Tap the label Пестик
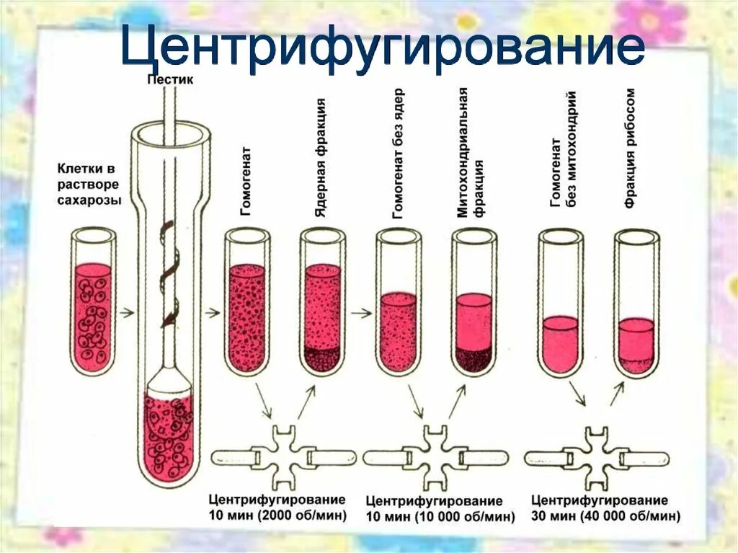(x=170, y=80)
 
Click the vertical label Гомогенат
(x=246, y=181)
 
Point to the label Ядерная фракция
(x=321, y=155)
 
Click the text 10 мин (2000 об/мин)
(x=277, y=516)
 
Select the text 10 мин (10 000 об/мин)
(x=440, y=517)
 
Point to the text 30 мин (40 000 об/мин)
(x=605, y=516)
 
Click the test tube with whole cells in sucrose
(x=93, y=303)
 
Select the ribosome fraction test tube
(x=636, y=303)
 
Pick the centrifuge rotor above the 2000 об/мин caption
(x=284, y=457)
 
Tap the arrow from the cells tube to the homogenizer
(x=126, y=313)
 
